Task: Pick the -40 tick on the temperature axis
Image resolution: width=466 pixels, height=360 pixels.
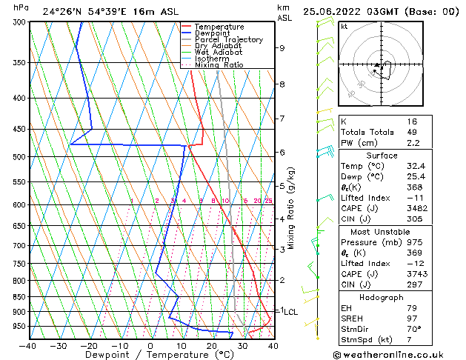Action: [28, 346]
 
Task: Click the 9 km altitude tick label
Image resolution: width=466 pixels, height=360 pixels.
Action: [282, 48]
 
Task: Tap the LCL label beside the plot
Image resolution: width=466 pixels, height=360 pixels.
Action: [290, 313]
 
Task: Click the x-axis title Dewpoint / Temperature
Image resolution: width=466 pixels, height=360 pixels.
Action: [150, 355]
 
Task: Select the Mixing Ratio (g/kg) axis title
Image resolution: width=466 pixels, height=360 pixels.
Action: [292, 208]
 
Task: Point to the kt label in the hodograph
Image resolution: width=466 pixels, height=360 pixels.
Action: [344, 27]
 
